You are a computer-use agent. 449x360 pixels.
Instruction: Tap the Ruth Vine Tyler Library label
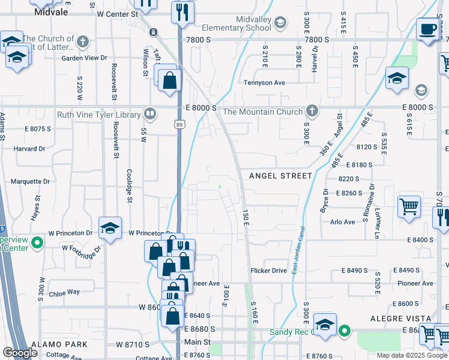98,115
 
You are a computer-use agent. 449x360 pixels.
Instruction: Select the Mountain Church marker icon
312,110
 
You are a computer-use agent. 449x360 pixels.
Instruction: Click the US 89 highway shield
180,124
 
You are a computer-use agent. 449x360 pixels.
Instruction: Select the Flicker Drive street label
269,271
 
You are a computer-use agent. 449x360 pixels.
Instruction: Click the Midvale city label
51,11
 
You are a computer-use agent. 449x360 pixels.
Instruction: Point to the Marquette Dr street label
30,181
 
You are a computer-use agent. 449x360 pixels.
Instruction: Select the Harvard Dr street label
30,149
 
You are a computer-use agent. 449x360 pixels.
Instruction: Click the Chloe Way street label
64,292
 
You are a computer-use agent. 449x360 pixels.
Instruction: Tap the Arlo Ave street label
343,222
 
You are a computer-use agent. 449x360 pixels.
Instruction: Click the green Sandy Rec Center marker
344,331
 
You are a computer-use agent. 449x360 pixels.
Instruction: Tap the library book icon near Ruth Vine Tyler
150,114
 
